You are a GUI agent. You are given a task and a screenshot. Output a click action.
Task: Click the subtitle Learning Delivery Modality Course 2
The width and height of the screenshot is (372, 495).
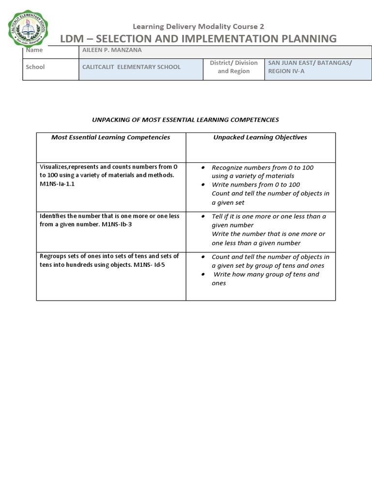coord(195,27)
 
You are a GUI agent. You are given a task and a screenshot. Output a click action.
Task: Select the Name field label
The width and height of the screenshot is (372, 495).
coord(34,50)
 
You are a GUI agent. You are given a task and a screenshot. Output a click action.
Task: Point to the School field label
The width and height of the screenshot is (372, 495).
coord(35,67)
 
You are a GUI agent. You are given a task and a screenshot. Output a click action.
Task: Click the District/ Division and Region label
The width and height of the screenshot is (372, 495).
coord(233,67)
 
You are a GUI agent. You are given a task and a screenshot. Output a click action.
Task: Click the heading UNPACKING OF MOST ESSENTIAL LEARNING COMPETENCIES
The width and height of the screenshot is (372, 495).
coord(186,119)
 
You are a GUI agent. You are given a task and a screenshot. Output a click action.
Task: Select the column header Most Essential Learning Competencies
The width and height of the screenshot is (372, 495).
coord(111,137)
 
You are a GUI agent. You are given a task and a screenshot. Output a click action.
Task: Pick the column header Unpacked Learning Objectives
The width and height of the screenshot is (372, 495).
coord(260,137)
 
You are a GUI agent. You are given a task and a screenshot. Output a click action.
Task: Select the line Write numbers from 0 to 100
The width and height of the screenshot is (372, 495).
coord(256,185)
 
